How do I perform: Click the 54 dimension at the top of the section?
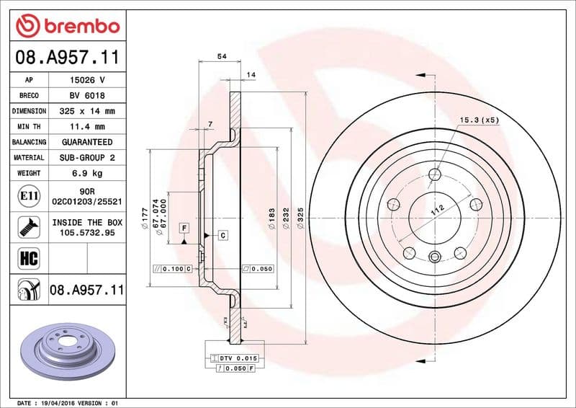tap(222, 56)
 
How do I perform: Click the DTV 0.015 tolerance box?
tap(237, 358)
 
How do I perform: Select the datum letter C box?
tap(222, 236)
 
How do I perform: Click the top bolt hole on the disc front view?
tap(434, 174)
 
